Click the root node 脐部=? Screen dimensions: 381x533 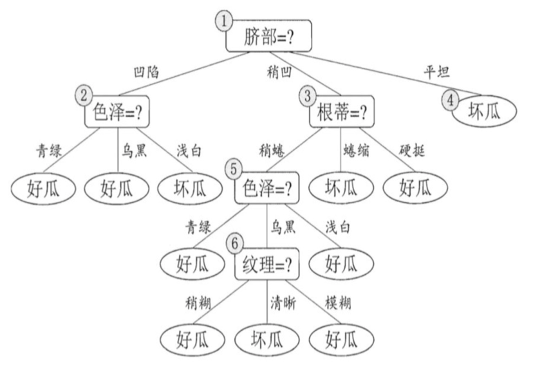click(x=268, y=37)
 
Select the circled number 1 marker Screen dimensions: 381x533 click(x=223, y=21)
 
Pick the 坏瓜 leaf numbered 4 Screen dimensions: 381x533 click(x=483, y=111)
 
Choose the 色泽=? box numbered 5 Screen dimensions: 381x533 click(x=267, y=188)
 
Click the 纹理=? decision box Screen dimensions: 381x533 click(x=267, y=264)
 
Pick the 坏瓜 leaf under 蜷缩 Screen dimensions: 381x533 click(x=341, y=188)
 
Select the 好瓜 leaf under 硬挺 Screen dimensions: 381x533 click(x=415, y=188)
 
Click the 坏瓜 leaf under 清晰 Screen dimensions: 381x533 click(x=266, y=339)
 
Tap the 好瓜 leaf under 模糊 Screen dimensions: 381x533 click(x=341, y=339)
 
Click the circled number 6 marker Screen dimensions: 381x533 click(x=236, y=243)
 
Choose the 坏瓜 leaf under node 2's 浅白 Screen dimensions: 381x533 click(x=190, y=188)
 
